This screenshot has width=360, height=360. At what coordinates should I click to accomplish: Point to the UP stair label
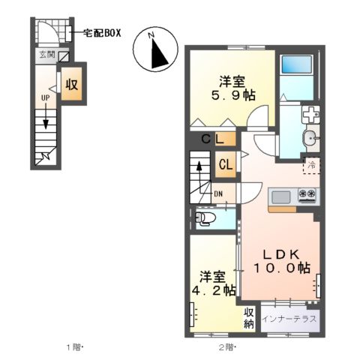(45, 97)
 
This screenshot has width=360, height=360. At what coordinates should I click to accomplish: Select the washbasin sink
(309, 139)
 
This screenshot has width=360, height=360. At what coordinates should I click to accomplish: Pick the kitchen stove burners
(307, 195)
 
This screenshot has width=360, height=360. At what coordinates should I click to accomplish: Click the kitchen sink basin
(281, 196)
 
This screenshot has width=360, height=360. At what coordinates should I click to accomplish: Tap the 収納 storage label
(249, 318)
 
